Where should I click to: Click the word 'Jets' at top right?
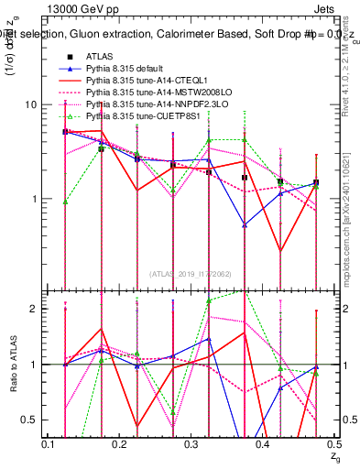click(327, 8)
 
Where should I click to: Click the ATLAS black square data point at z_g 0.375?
click(245, 178)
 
